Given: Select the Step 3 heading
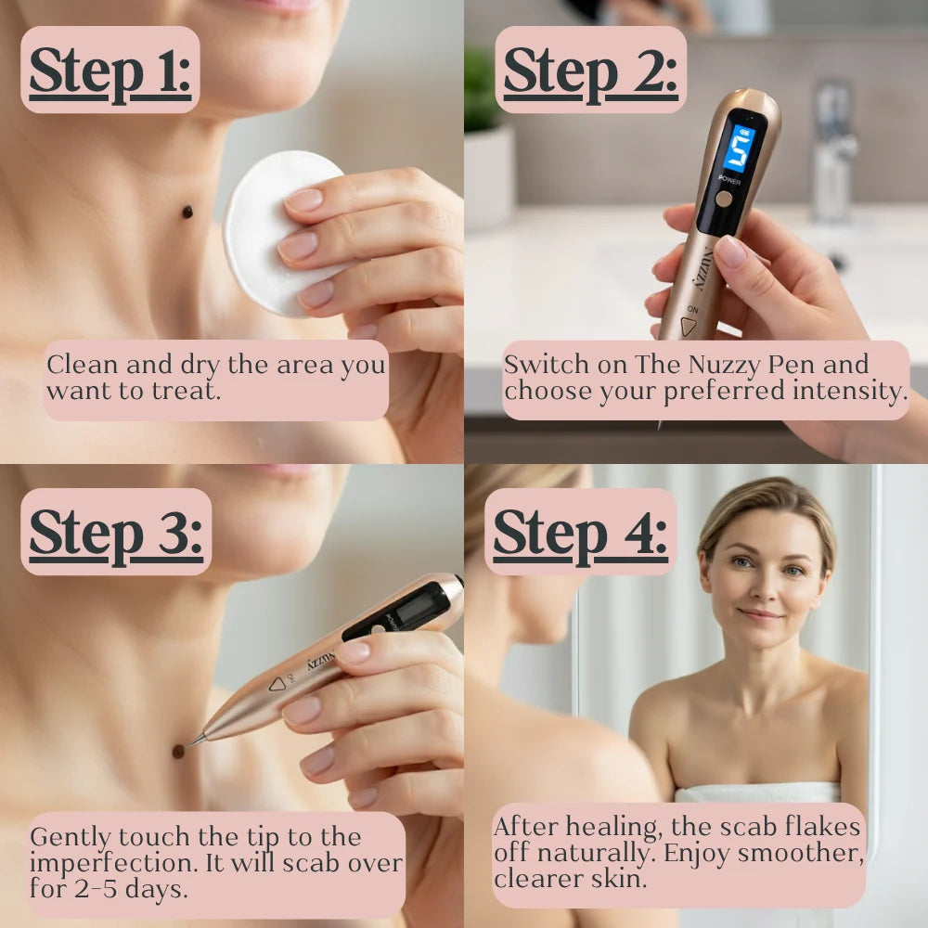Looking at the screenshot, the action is pos(116,535).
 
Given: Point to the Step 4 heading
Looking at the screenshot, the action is pos(580,535).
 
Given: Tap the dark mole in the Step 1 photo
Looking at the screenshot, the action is pos(187,212).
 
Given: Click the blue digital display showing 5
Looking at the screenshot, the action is pos(740,148).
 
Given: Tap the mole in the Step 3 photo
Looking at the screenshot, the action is pos(178,752).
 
